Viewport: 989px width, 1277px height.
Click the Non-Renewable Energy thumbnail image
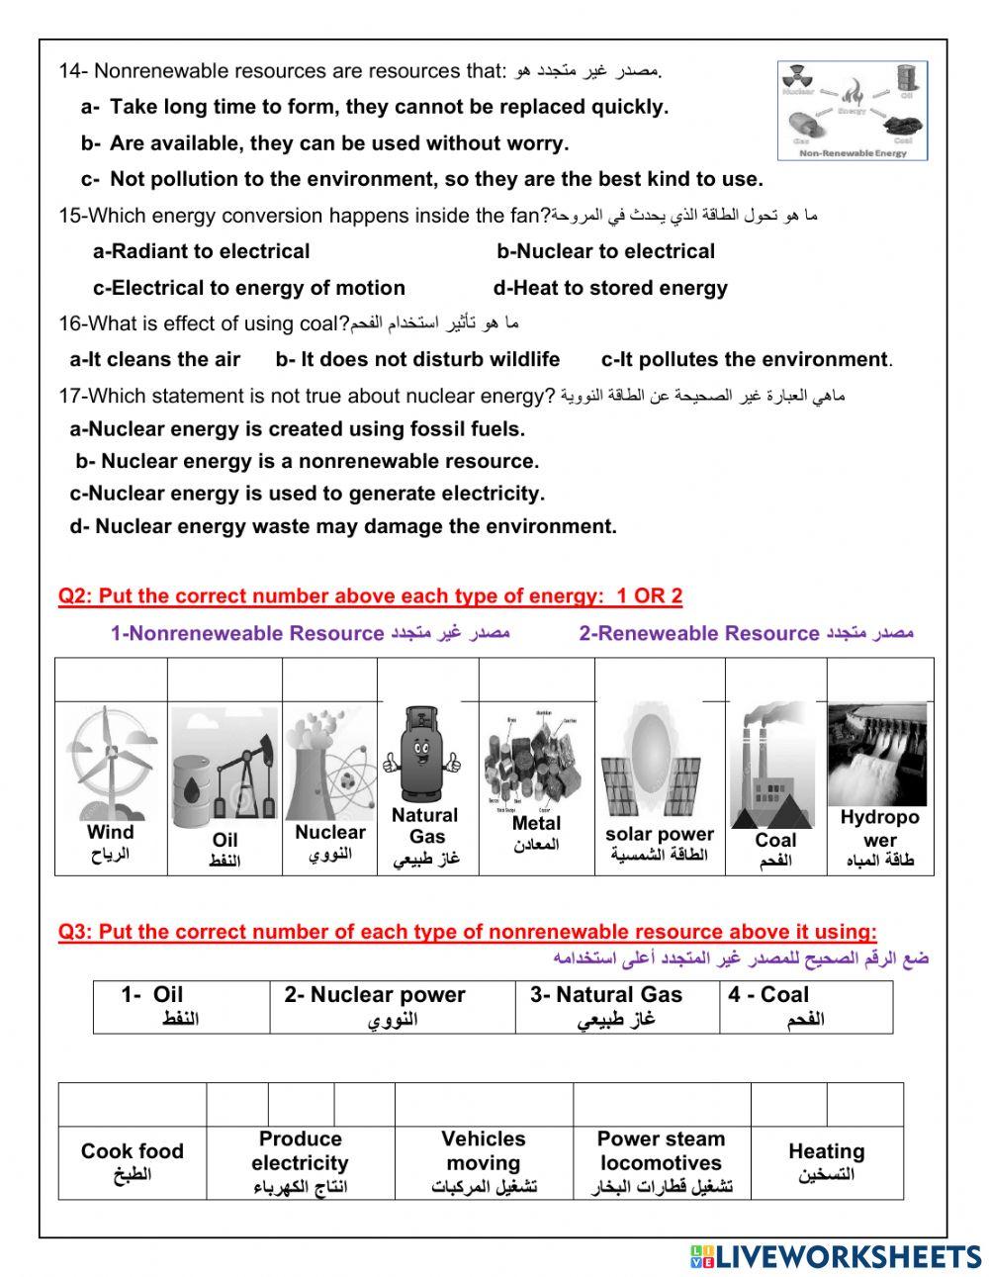(853, 111)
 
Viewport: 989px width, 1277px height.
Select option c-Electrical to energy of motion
(249, 288)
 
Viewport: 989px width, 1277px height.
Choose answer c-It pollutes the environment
(745, 360)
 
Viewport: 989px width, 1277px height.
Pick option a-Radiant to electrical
(202, 251)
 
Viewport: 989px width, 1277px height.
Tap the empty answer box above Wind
(111, 680)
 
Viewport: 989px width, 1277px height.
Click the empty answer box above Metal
(536, 680)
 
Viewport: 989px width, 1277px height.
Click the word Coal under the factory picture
(775, 840)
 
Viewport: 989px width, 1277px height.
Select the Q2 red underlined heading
(370, 596)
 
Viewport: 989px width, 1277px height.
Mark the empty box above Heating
(827, 1104)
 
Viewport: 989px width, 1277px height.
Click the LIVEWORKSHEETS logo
(835, 1257)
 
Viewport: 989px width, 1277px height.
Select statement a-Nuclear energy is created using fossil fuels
(297, 429)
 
